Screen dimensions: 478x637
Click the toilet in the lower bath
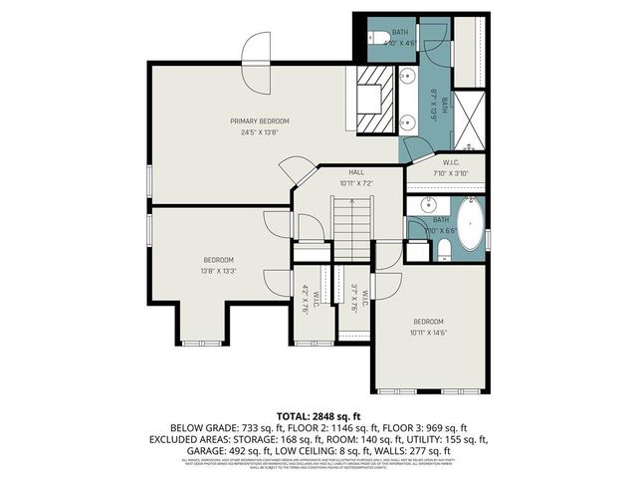point(445,247)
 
